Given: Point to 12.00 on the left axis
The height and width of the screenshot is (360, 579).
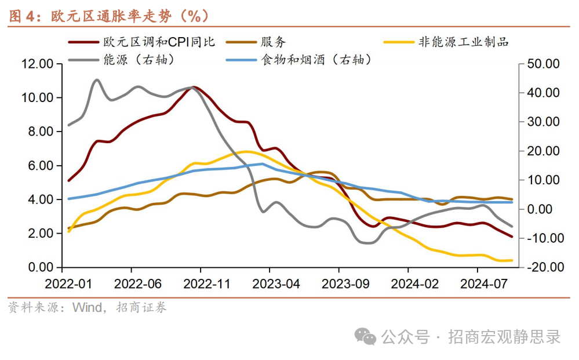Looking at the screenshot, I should [x=38, y=64].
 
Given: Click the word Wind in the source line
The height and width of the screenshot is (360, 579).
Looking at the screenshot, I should [x=87, y=307].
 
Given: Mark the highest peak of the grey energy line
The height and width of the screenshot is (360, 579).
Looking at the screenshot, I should [x=97, y=80].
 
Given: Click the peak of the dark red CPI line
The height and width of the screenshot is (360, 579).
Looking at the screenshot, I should [x=194, y=87].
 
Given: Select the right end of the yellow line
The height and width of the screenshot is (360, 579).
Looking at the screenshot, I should [x=512, y=260].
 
